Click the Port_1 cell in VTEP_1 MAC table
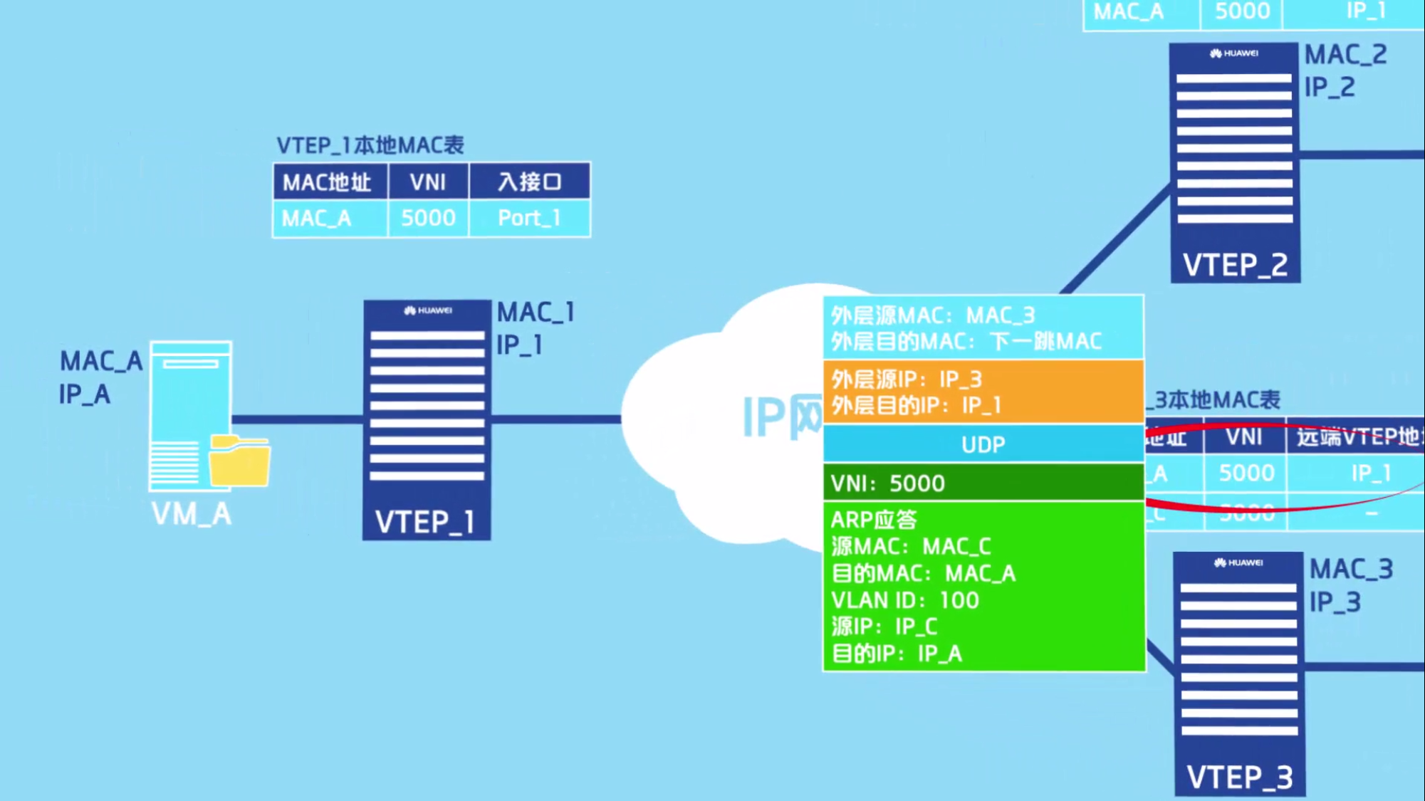pyautogui.click(x=529, y=218)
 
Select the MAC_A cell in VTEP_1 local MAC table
pyautogui.click(x=317, y=218)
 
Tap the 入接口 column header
pyautogui.click(x=529, y=182)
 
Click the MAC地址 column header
pyautogui.click(x=327, y=182)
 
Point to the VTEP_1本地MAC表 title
pyautogui.click(x=370, y=145)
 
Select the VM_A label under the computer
pyautogui.click(x=192, y=514)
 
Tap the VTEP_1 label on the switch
pyautogui.click(x=425, y=522)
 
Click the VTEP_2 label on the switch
pyautogui.click(x=1235, y=266)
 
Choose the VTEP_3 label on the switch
pyautogui.click(x=1239, y=777)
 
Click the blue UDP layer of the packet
pyautogui.click(x=983, y=445)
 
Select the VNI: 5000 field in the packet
pyautogui.click(x=888, y=483)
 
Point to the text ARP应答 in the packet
pyautogui.click(x=874, y=520)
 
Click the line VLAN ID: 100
pyautogui.click(x=904, y=600)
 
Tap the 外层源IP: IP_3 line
pyautogui.click(x=907, y=379)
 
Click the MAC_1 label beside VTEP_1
pyautogui.click(x=536, y=312)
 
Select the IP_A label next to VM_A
pyautogui.click(x=85, y=394)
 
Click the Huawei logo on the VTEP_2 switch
pyautogui.click(x=1233, y=53)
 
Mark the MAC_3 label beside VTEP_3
pyautogui.click(x=1351, y=569)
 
